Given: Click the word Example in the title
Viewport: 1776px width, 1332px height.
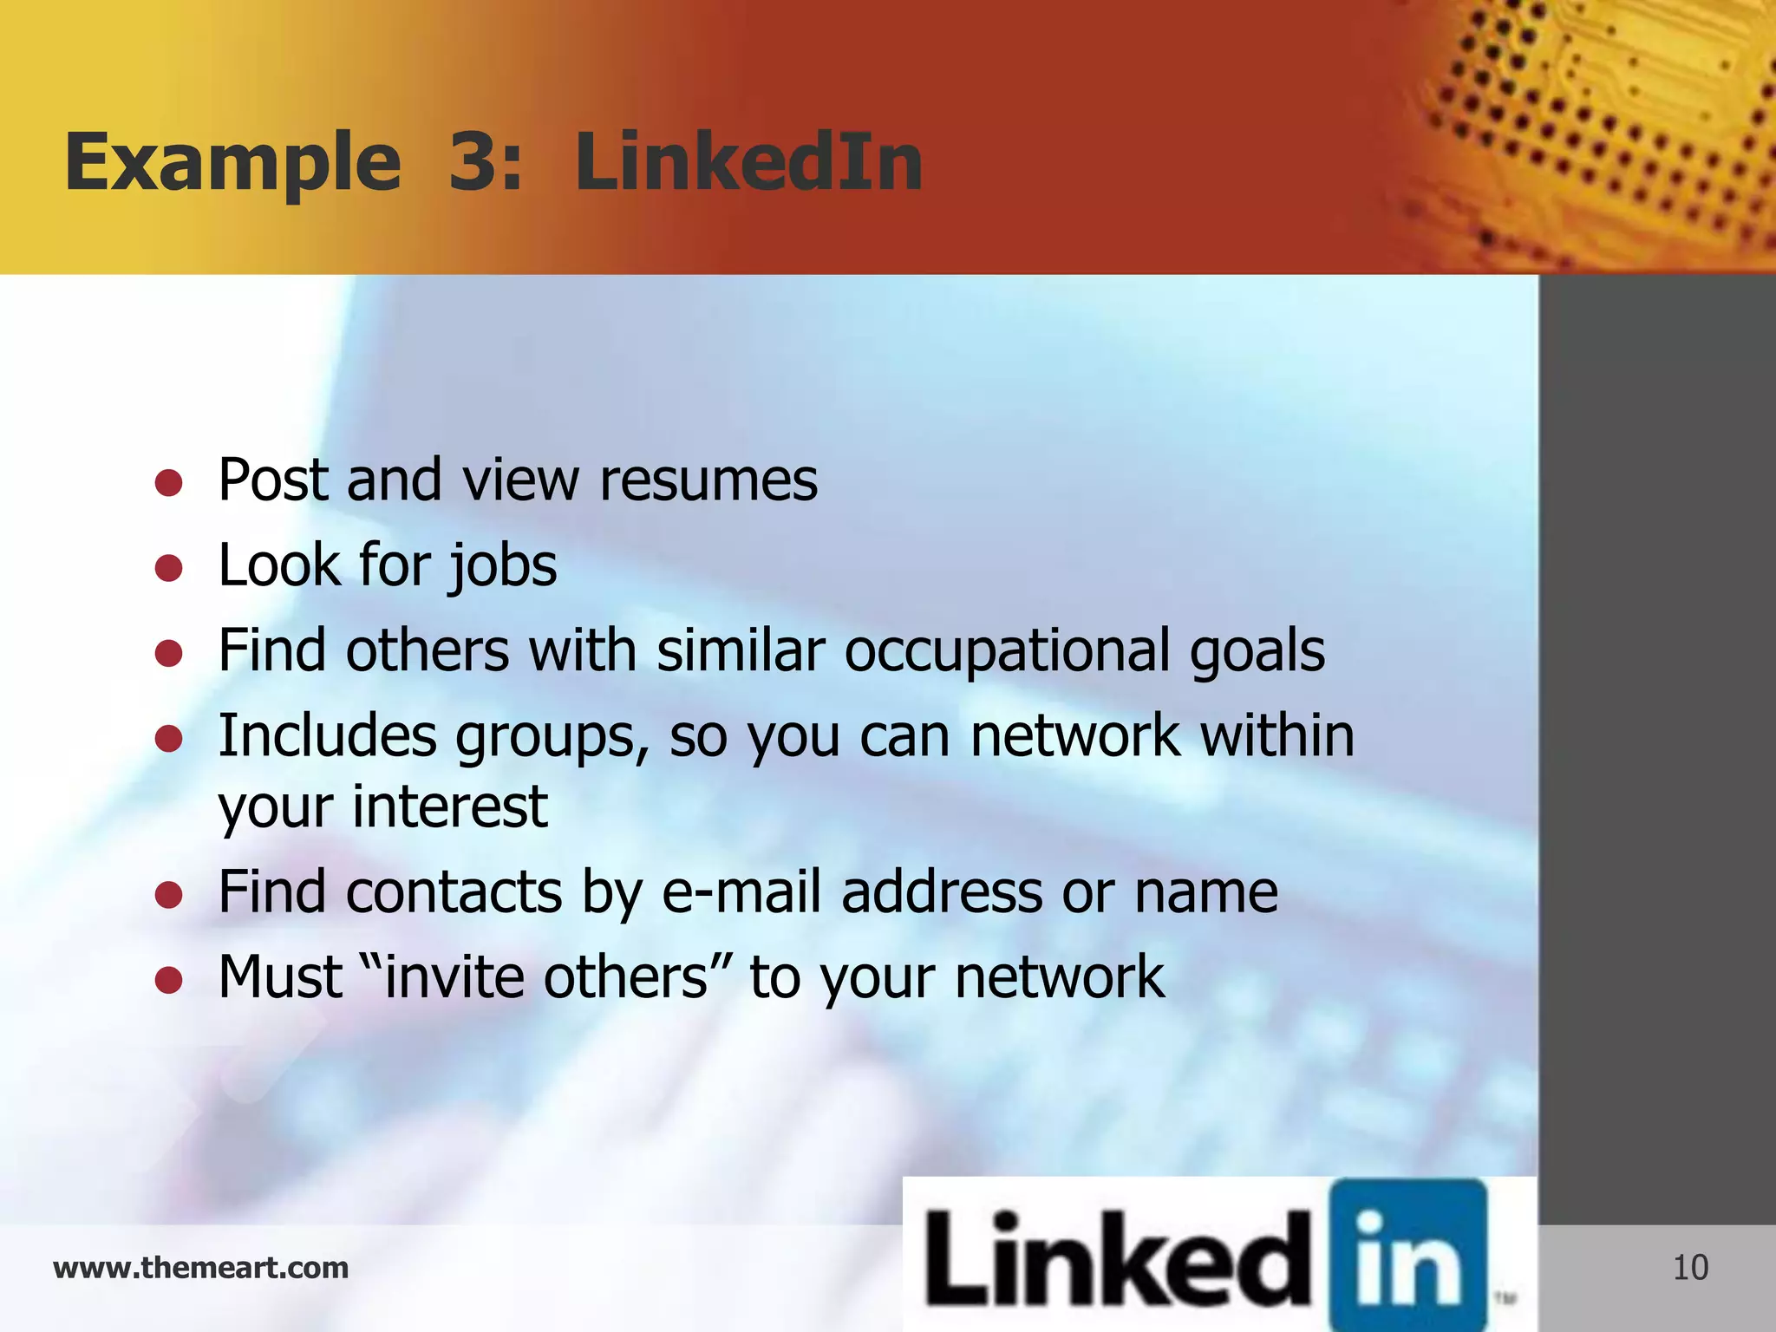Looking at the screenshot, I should point(232,165).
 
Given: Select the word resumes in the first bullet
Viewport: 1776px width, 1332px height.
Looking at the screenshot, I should point(708,480).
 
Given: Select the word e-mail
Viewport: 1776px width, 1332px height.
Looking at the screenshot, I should point(741,892).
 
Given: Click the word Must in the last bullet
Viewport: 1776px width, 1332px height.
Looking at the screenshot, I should point(280,977).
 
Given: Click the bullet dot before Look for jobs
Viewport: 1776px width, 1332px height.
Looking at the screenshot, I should point(168,569).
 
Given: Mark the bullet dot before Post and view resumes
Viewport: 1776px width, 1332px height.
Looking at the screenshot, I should point(168,483).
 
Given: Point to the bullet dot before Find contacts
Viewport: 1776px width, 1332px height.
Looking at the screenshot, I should point(168,895).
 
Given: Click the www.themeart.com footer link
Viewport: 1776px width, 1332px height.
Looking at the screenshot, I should point(200,1268).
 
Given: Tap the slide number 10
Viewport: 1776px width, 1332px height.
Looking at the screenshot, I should point(1690,1268).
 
